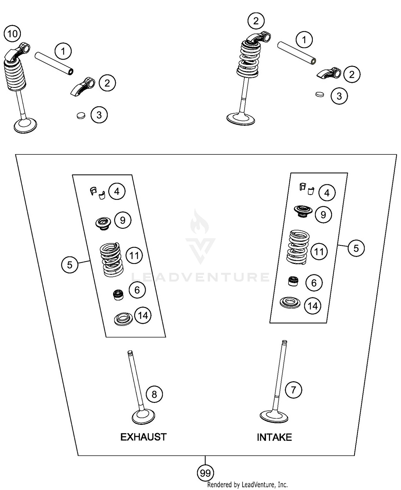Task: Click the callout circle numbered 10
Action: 12,34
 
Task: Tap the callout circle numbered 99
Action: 205,473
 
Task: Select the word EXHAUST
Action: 143,437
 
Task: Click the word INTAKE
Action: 274,437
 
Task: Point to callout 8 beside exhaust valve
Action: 154,394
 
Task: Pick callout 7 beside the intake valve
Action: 293,390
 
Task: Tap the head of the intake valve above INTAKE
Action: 274,416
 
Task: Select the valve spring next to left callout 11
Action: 111,259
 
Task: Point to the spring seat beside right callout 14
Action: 290,303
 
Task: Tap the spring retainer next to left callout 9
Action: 103,223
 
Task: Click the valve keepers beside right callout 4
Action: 306,189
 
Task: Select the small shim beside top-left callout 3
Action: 80,115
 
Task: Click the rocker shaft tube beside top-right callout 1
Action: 297,53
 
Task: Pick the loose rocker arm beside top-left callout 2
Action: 83,86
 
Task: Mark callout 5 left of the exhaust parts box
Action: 70,265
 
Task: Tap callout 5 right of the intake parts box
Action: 356,248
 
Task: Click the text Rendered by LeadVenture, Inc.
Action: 247,484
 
